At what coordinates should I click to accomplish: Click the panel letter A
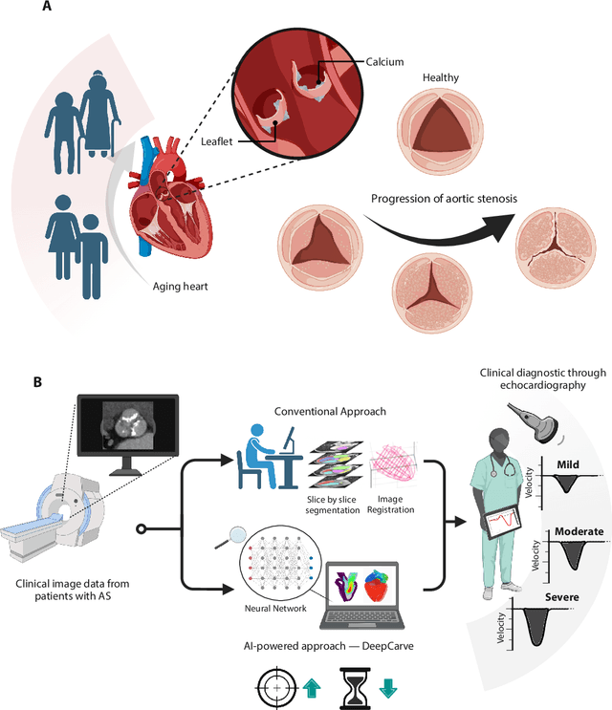47,10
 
